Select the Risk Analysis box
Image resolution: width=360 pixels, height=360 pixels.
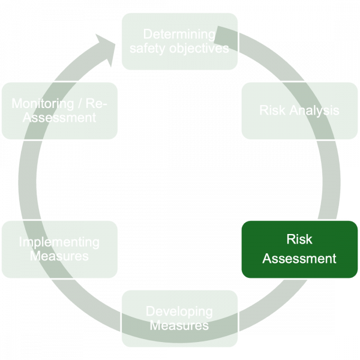coord(299,111)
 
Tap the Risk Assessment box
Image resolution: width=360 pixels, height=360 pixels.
coord(299,249)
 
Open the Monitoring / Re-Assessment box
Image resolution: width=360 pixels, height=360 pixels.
coord(59,111)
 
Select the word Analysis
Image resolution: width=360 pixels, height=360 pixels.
coord(313,111)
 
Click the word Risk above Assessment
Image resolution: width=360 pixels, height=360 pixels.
coord(299,239)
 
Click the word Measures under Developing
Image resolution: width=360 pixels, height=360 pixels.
coord(179,326)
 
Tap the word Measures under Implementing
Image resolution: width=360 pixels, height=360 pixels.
coord(59,256)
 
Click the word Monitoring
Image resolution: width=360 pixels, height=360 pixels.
coord(46,104)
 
